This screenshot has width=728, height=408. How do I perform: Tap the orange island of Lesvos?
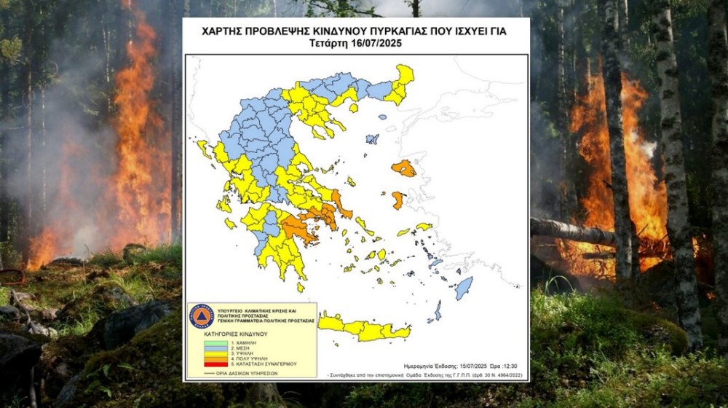(x=404, y=169)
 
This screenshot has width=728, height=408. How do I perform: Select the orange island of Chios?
(x=397, y=200)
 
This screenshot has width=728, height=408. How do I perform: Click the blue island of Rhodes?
(x=463, y=288)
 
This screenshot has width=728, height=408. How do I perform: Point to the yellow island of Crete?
(x=364, y=329)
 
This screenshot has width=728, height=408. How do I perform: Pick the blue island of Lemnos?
(x=373, y=138)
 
